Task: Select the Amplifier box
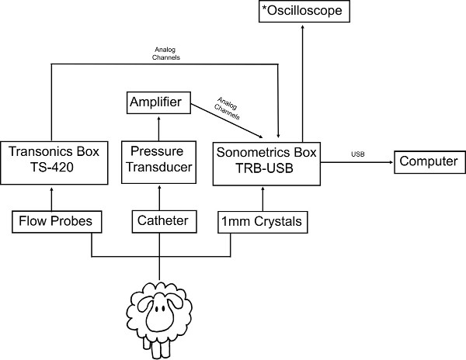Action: pos(158,102)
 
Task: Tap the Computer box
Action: pos(427,162)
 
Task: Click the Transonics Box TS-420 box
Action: pos(51,161)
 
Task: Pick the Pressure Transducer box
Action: pos(158,161)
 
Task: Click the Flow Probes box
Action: pos(51,221)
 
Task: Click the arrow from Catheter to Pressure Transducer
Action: pos(158,197)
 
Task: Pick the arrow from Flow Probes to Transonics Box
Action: pos(51,197)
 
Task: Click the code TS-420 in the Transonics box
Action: pos(51,170)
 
